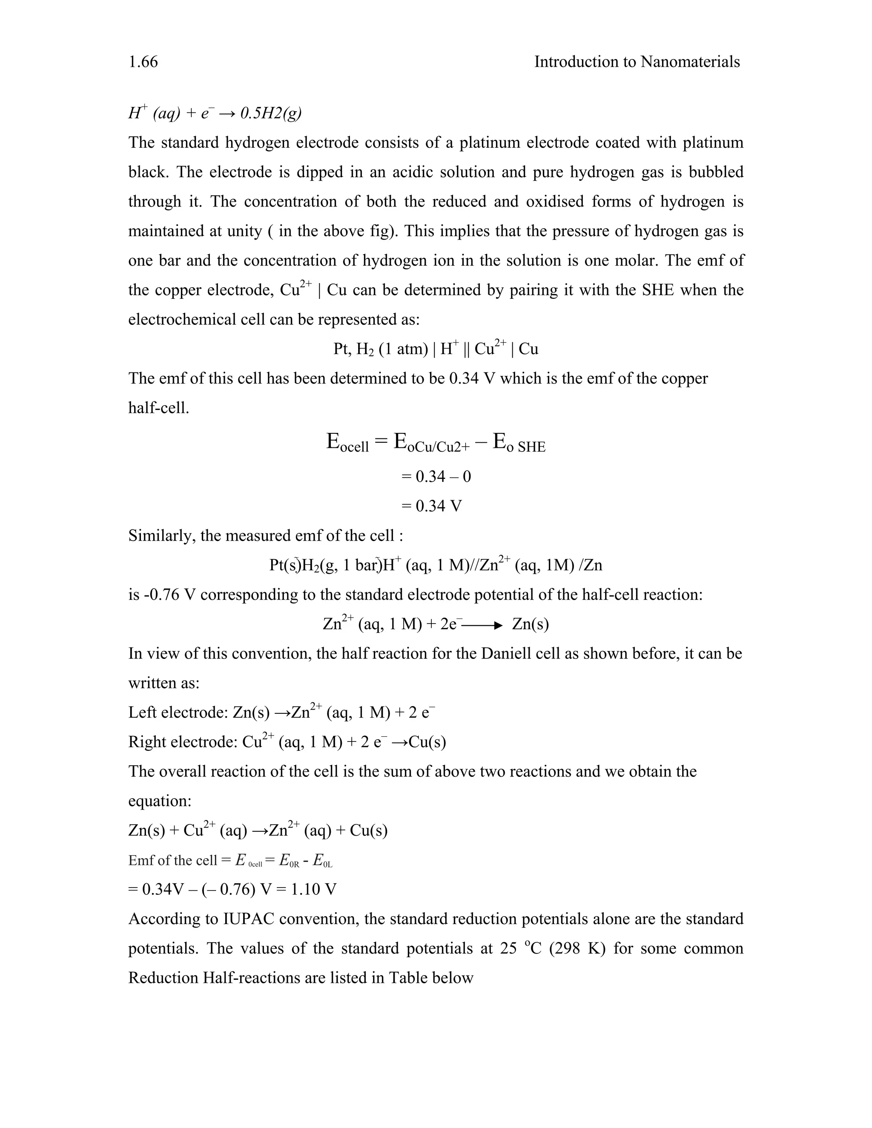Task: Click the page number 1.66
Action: tap(143, 62)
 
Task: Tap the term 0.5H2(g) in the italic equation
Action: tap(271, 113)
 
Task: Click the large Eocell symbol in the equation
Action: tap(348, 443)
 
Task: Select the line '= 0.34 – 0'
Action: tap(436, 476)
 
